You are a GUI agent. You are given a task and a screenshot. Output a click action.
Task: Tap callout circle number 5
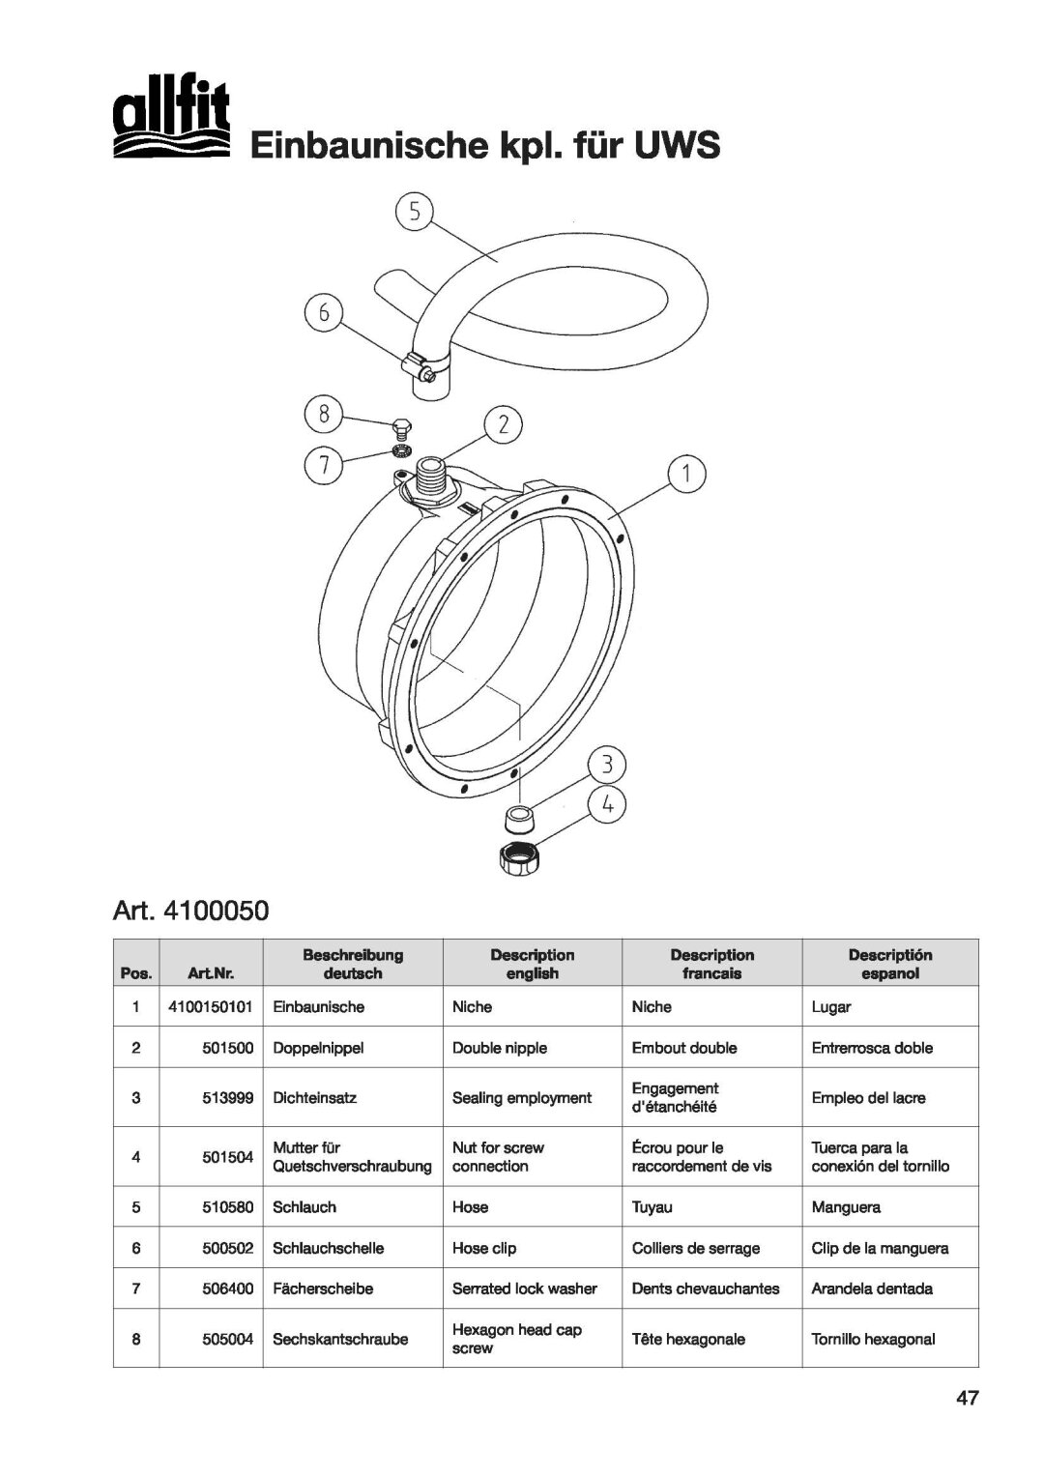tap(413, 213)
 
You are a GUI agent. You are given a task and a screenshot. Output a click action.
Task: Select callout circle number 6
tap(325, 312)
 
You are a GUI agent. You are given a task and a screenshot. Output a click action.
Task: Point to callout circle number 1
tap(686, 474)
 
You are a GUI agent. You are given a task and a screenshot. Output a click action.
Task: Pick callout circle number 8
tap(325, 415)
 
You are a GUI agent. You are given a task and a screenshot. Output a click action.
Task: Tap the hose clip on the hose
tap(423, 365)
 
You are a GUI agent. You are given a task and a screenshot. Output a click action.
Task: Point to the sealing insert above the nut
tap(522, 819)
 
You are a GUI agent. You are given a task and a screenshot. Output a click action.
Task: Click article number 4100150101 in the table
tap(210, 1006)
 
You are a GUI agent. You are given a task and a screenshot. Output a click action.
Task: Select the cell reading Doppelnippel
tap(318, 1047)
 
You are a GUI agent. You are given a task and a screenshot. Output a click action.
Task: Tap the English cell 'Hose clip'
tap(484, 1248)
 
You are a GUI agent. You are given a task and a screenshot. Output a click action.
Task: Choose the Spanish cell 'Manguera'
tap(846, 1207)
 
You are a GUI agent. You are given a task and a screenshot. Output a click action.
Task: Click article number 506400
tap(228, 1289)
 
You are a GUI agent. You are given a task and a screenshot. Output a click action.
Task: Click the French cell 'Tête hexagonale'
tap(688, 1339)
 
